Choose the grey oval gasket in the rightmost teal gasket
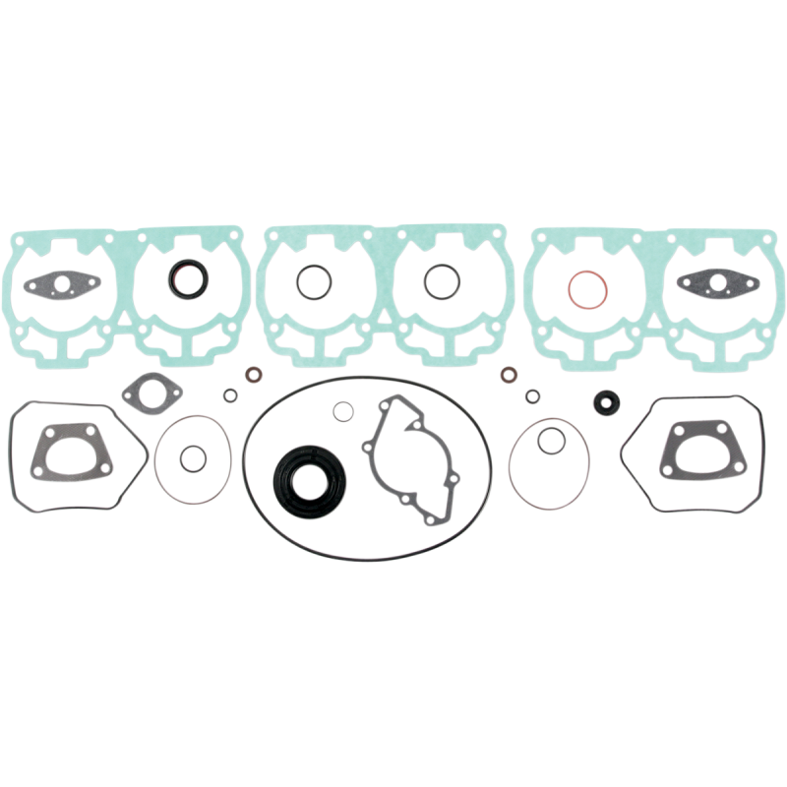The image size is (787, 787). pos(716,282)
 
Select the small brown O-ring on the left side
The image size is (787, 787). pos(255,376)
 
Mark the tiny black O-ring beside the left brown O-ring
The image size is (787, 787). pos(229,395)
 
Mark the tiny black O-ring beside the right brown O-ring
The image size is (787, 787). pos(532,396)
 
